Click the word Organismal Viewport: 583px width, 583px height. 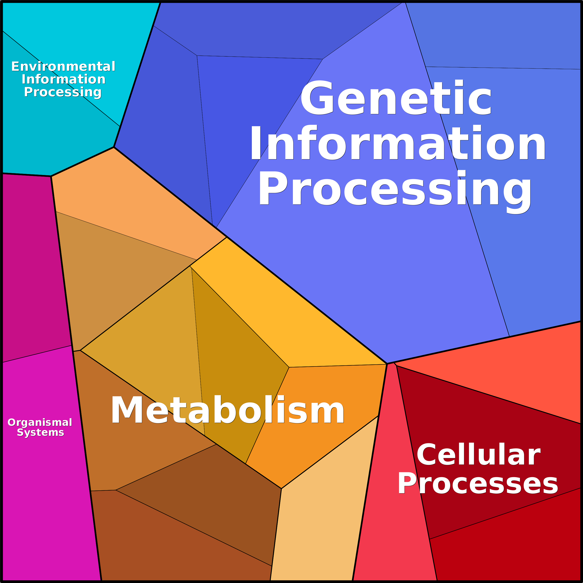click(x=40, y=422)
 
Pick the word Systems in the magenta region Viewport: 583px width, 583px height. click(x=40, y=432)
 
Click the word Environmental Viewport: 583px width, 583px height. click(x=63, y=66)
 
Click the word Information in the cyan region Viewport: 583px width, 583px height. click(x=63, y=79)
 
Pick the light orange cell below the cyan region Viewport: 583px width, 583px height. click(x=127, y=199)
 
